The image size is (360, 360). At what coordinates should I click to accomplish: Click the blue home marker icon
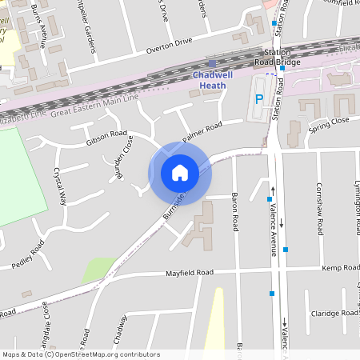(179, 173)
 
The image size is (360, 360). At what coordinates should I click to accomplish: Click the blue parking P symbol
(258, 99)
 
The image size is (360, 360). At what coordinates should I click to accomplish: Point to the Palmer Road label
(202, 132)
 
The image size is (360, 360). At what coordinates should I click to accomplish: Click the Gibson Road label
(106, 138)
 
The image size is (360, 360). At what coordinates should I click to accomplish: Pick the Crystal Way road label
(58, 186)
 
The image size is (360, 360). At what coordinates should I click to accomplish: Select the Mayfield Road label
(190, 273)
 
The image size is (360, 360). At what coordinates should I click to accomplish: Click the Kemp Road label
(337, 268)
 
